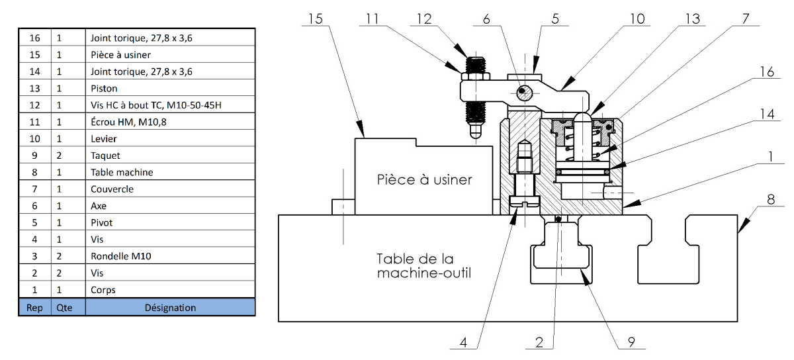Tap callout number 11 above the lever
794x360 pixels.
[373, 19]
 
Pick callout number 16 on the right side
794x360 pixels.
[766, 72]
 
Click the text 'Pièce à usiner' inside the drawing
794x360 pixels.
[424, 179]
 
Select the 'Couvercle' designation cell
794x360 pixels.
[112, 189]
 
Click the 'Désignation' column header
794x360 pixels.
[170, 307]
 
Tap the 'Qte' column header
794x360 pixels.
[65, 307]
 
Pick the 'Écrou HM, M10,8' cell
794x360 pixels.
[128, 122]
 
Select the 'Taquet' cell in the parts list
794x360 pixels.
[105, 156]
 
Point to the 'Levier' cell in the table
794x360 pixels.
[103, 139]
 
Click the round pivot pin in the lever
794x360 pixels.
[523, 91]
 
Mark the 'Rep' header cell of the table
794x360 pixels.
[34, 307]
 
